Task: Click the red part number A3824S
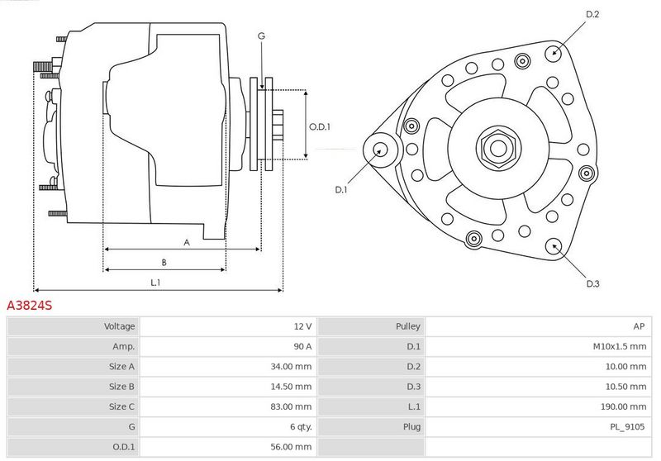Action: click(x=30, y=305)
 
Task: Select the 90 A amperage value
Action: click(x=302, y=346)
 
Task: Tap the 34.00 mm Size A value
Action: click(x=291, y=367)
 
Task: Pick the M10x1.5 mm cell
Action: click(x=619, y=346)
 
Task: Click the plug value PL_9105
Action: click(x=627, y=427)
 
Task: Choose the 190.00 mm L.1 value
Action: click(x=623, y=406)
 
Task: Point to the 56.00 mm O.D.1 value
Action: click(x=291, y=447)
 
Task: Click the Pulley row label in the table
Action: click(x=407, y=326)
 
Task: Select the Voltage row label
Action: click(x=119, y=326)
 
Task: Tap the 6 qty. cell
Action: click(x=301, y=427)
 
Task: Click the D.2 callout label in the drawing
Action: click(x=592, y=14)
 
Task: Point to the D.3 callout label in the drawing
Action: click(x=592, y=283)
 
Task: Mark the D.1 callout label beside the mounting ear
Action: click(x=340, y=190)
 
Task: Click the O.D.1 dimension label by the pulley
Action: click(x=320, y=127)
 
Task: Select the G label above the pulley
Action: click(x=261, y=36)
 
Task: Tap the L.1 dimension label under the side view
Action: click(x=155, y=283)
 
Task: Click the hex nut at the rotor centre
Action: click(x=498, y=148)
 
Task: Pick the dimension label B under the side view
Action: click(x=164, y=263)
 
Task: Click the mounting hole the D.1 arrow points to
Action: click(x=381, y=150)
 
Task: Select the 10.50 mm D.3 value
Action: click(x=625, y=387)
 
